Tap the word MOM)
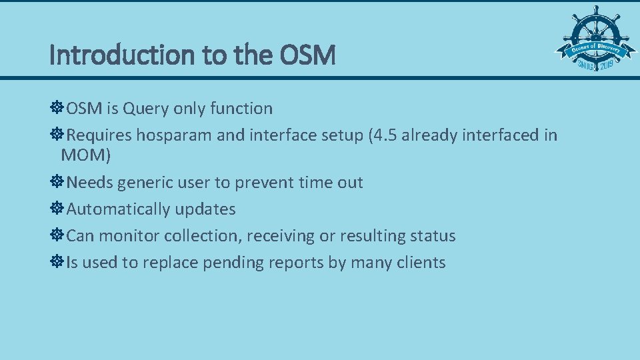[85, 156]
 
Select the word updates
[205, 209]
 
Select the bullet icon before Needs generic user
[57, 182]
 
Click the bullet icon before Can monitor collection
[57, 235]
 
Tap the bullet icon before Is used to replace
[57, 262]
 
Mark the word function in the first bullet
[241, 109]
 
